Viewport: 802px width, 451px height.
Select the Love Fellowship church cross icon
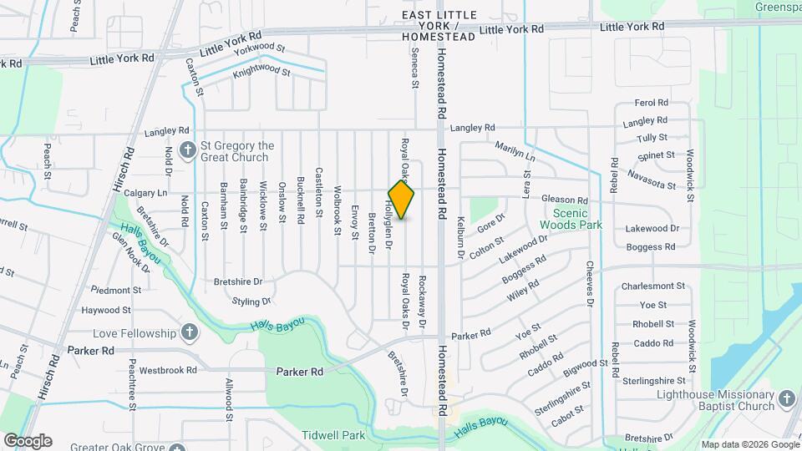coord(190,333)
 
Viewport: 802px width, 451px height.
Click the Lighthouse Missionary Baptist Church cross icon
coord(786,400)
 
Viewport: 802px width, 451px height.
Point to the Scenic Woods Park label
coord(571,219)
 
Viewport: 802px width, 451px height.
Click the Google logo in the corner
coord(27,440)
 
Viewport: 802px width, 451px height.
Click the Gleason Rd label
coord(565,200)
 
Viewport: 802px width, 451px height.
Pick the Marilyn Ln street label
coord(515,151)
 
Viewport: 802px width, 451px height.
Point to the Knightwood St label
coord(261,73)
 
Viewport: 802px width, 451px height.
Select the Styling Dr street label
coord(251,301)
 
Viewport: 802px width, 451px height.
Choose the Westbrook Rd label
coord(168,369)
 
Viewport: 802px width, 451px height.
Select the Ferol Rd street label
coord(652,103)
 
